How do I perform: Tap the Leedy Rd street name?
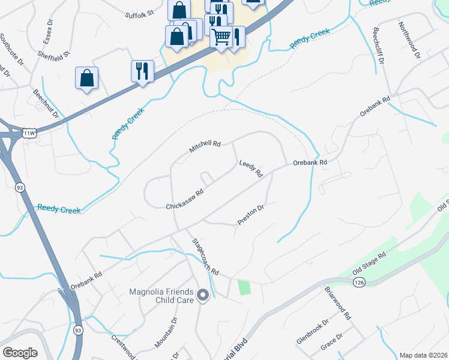click(251, 168)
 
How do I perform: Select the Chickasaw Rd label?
click(185, 200)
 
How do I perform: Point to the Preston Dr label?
click(251, 215)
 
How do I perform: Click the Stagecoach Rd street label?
click(205, 257)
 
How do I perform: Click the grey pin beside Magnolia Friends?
click(203, 294)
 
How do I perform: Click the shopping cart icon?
click(221, 37)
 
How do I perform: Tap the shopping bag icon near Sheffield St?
click(87, 78)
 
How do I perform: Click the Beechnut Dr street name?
click(47, 104)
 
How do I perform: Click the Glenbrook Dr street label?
click(313, 332)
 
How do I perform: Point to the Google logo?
click(20, 352)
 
